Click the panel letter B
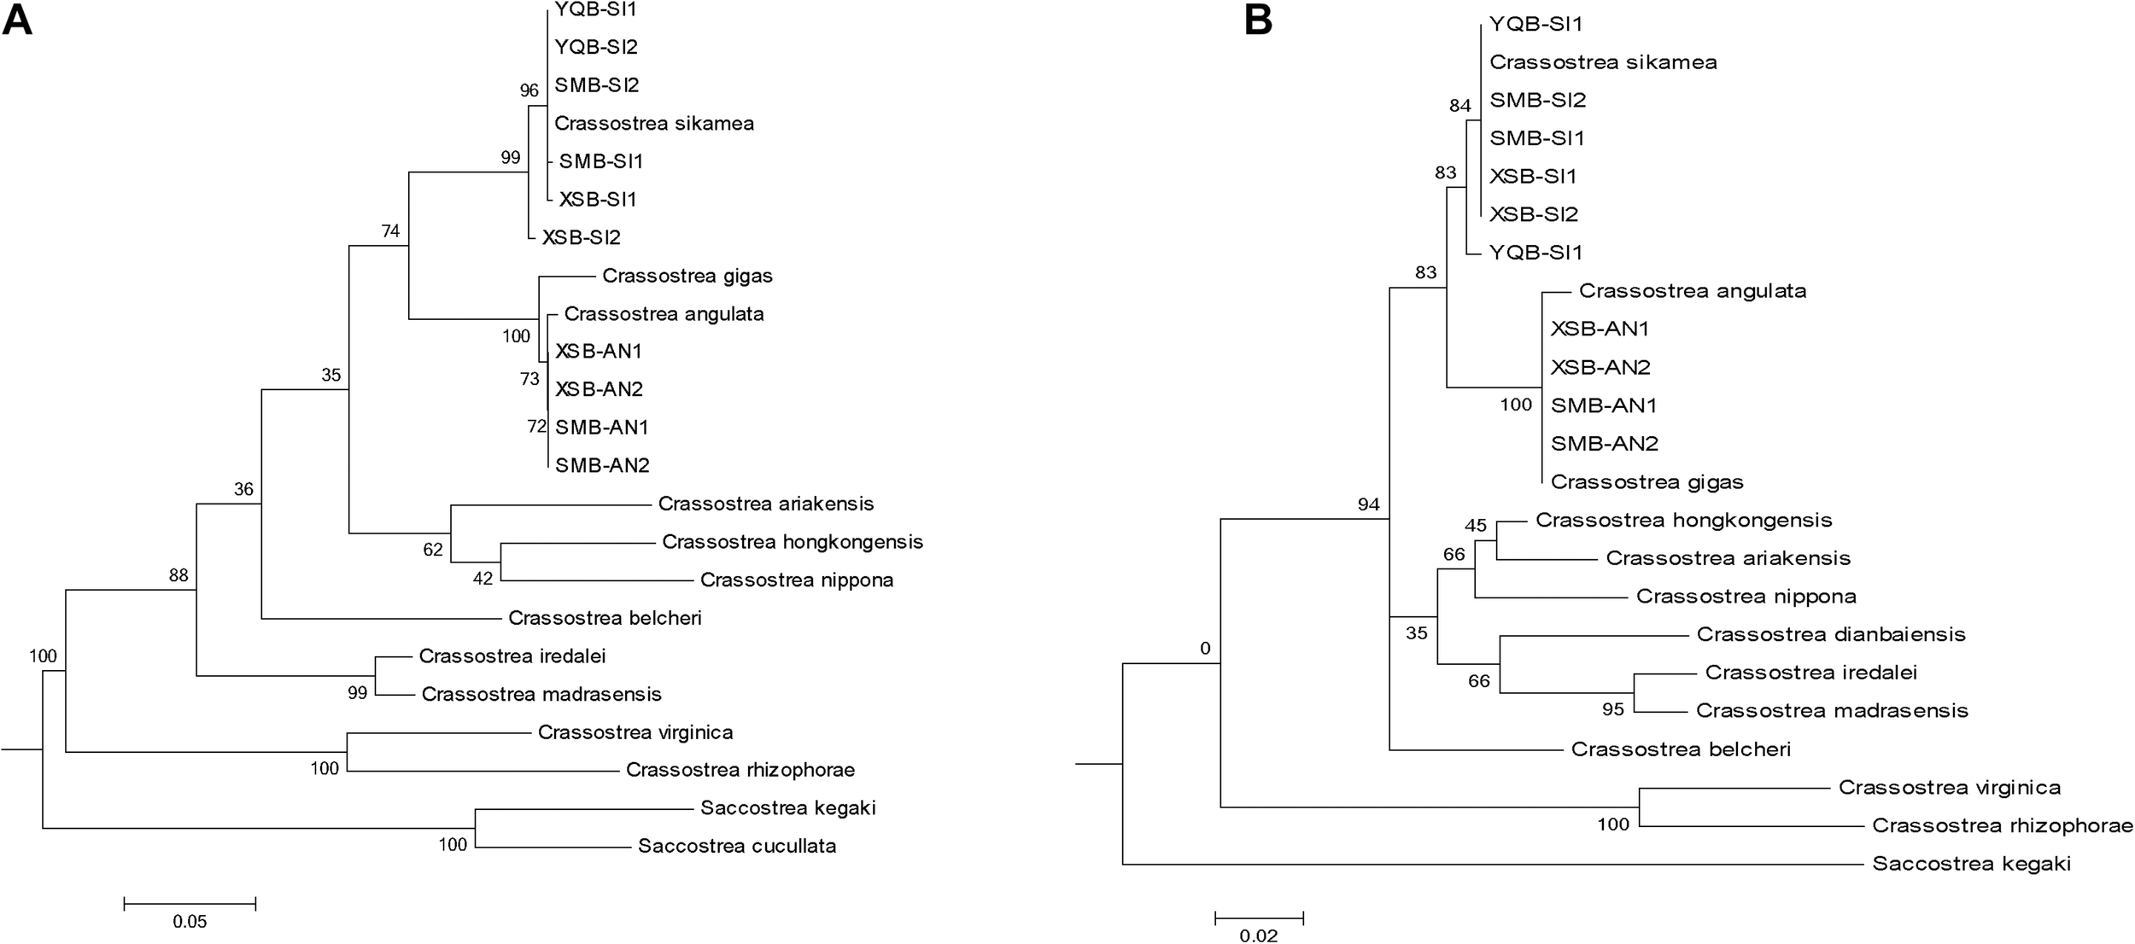point(1258,20)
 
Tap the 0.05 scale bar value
point(190,922)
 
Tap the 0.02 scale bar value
point(1258,935)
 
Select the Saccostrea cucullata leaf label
point(736,846)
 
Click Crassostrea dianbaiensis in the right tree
point(1831,634)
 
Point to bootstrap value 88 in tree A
point(178,575)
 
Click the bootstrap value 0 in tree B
point(1205,649)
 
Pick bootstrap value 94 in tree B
point(1368,504)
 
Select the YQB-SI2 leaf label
point(596,47)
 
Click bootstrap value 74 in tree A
point(390,231)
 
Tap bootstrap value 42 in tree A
point(483,579)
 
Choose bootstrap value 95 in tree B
point(1613,708)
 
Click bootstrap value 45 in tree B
point(1475,525)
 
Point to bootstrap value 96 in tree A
point(529,90)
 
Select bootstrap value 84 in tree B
point(1459,107)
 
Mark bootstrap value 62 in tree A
point(433,550)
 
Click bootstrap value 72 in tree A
point(536,426)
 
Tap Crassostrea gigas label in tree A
point(687,276)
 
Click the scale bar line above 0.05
point(190,903)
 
